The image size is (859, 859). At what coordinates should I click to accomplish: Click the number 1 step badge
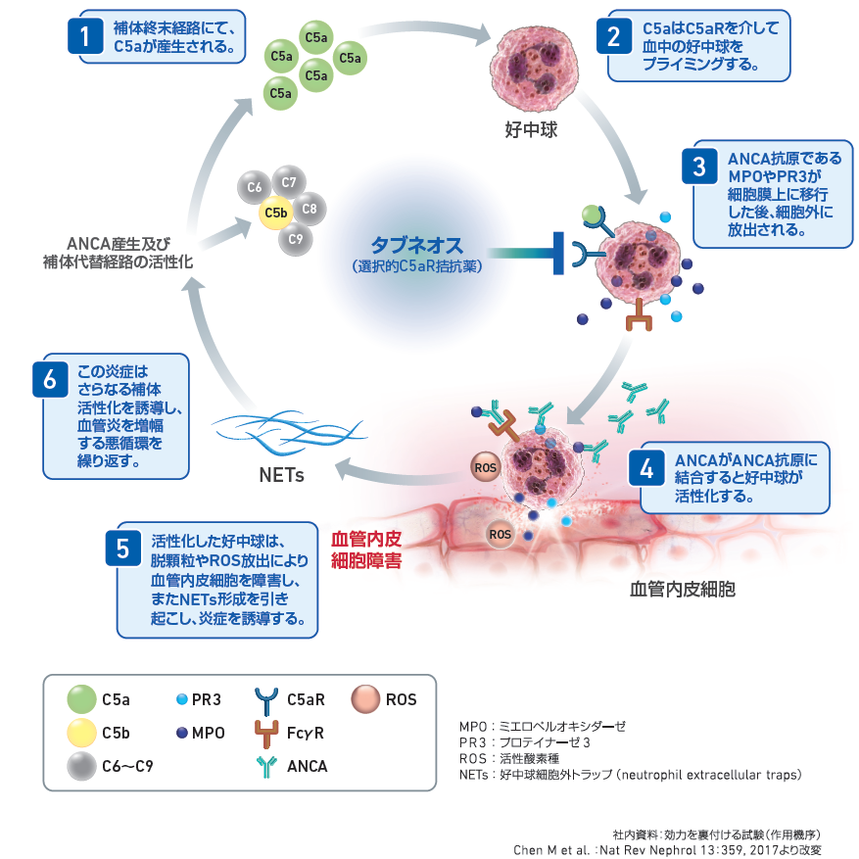point(85,36)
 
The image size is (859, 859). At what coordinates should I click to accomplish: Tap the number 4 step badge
point(646,468)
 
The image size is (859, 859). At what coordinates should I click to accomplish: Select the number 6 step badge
point(50,379)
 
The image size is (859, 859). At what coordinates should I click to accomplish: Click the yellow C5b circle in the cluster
point(275,214)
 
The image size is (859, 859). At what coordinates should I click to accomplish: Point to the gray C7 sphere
point(289,182)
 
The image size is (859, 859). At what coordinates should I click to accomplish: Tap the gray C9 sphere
point(295,239)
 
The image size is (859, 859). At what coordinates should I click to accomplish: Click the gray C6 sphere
point(255,187)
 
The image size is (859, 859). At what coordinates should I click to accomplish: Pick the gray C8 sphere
point(310,209)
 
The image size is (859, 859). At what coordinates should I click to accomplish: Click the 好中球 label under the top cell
point(531,130)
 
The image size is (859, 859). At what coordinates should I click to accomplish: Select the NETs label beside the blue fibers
point(281,475)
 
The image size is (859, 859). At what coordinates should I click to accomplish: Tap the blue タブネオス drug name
point(417,245)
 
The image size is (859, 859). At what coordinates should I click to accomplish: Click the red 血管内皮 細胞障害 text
point(366,550)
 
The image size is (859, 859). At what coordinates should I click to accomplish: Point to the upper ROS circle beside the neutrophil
point(486,467)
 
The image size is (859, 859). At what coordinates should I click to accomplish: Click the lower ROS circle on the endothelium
point(500,534)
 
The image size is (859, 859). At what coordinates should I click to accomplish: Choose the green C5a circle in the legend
point(81,699)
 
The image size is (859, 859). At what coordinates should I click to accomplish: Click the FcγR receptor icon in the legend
point(266,734)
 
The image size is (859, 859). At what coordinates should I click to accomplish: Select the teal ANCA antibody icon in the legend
point(266,767)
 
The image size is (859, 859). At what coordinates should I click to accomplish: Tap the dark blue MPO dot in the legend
point(182,733)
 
